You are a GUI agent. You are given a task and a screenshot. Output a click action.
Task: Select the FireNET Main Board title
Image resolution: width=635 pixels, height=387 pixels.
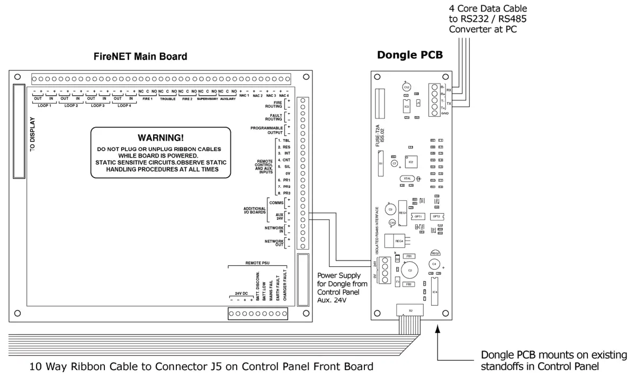pos(140,57)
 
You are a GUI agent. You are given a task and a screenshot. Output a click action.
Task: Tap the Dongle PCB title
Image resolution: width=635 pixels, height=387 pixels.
pos(410,55)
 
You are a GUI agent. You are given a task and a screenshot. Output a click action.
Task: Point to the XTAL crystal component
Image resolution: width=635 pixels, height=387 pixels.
pos(407,179)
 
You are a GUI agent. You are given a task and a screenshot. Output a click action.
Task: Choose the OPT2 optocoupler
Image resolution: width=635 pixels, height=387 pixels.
pos(436,216)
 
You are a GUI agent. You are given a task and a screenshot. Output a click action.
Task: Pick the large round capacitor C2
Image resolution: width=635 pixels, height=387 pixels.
pos(409,270)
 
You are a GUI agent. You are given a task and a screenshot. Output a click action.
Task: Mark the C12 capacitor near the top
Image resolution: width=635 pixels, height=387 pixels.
pos(406,87)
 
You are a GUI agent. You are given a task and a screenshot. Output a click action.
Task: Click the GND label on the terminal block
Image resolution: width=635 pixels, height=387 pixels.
pos(445,114)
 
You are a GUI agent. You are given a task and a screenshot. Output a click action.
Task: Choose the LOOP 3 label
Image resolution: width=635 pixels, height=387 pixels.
pos(97,105)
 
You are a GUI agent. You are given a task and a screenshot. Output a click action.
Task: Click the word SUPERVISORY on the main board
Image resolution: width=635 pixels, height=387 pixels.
pos(207,99)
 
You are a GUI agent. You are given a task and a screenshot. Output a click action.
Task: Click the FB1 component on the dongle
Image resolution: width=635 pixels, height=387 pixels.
pos(408,256)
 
